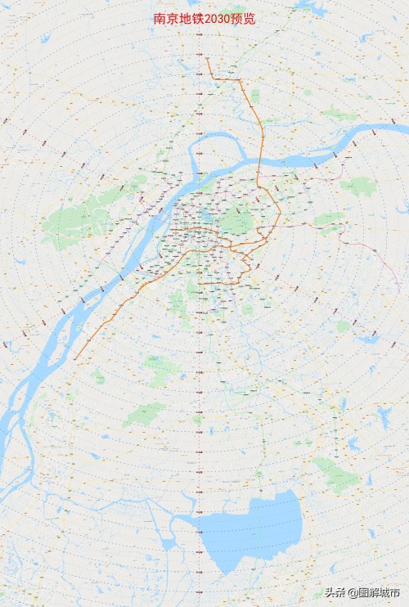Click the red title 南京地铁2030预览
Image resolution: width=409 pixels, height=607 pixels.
[x=204, y=19]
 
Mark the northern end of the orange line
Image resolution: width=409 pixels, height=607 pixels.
[x=207, y=58]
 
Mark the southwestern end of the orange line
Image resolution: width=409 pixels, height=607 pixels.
[x=74, y=359]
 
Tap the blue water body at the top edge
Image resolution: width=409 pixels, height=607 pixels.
[x=311, y=7]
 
